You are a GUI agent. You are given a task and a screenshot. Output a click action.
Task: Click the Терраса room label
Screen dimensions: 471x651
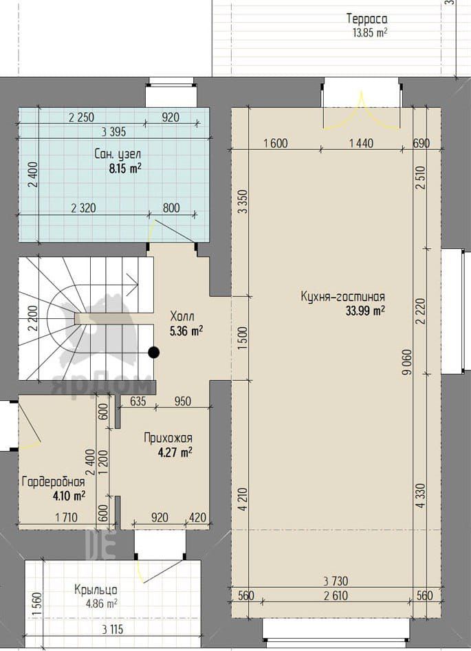(x=367, y=19)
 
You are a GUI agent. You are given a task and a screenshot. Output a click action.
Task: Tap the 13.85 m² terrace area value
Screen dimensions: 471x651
(x=370, y=33)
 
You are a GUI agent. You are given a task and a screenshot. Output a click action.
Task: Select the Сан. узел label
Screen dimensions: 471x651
(x=118, y=155)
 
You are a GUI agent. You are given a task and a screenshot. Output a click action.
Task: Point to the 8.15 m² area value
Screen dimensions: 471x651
(x=125, y=168)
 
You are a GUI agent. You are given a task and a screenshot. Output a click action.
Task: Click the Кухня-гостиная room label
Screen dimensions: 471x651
(x=342, y=296)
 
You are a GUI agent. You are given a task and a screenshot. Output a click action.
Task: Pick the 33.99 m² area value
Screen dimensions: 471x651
(x=365, y=311)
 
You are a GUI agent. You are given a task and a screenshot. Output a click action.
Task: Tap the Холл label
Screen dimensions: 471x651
(x=182, y=316)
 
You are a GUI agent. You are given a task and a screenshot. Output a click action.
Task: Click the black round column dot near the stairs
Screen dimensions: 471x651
(x=154, y=353)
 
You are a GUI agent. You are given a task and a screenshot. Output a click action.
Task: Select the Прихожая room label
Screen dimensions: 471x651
(x=168, y=438)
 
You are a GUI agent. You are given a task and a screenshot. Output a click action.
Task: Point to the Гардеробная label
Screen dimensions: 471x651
(x=54, y=482)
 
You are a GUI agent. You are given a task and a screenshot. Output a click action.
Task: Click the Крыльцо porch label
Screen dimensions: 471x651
(x=96, y=590)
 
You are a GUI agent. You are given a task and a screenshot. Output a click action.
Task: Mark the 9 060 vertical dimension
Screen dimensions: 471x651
(x=408, y=362)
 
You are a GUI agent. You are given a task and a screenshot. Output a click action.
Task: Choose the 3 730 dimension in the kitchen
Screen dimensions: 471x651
(x=336, y=580)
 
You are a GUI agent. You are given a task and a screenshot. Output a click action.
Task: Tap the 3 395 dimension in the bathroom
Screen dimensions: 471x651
(x=113, y=132)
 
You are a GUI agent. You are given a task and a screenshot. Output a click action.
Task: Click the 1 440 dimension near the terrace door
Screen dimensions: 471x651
(x=362, y=143)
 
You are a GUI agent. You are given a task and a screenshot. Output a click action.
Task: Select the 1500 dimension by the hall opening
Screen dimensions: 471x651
(x=243, y=338)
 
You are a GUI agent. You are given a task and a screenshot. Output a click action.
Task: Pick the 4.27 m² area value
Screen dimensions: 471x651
(x=175, y=452)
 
